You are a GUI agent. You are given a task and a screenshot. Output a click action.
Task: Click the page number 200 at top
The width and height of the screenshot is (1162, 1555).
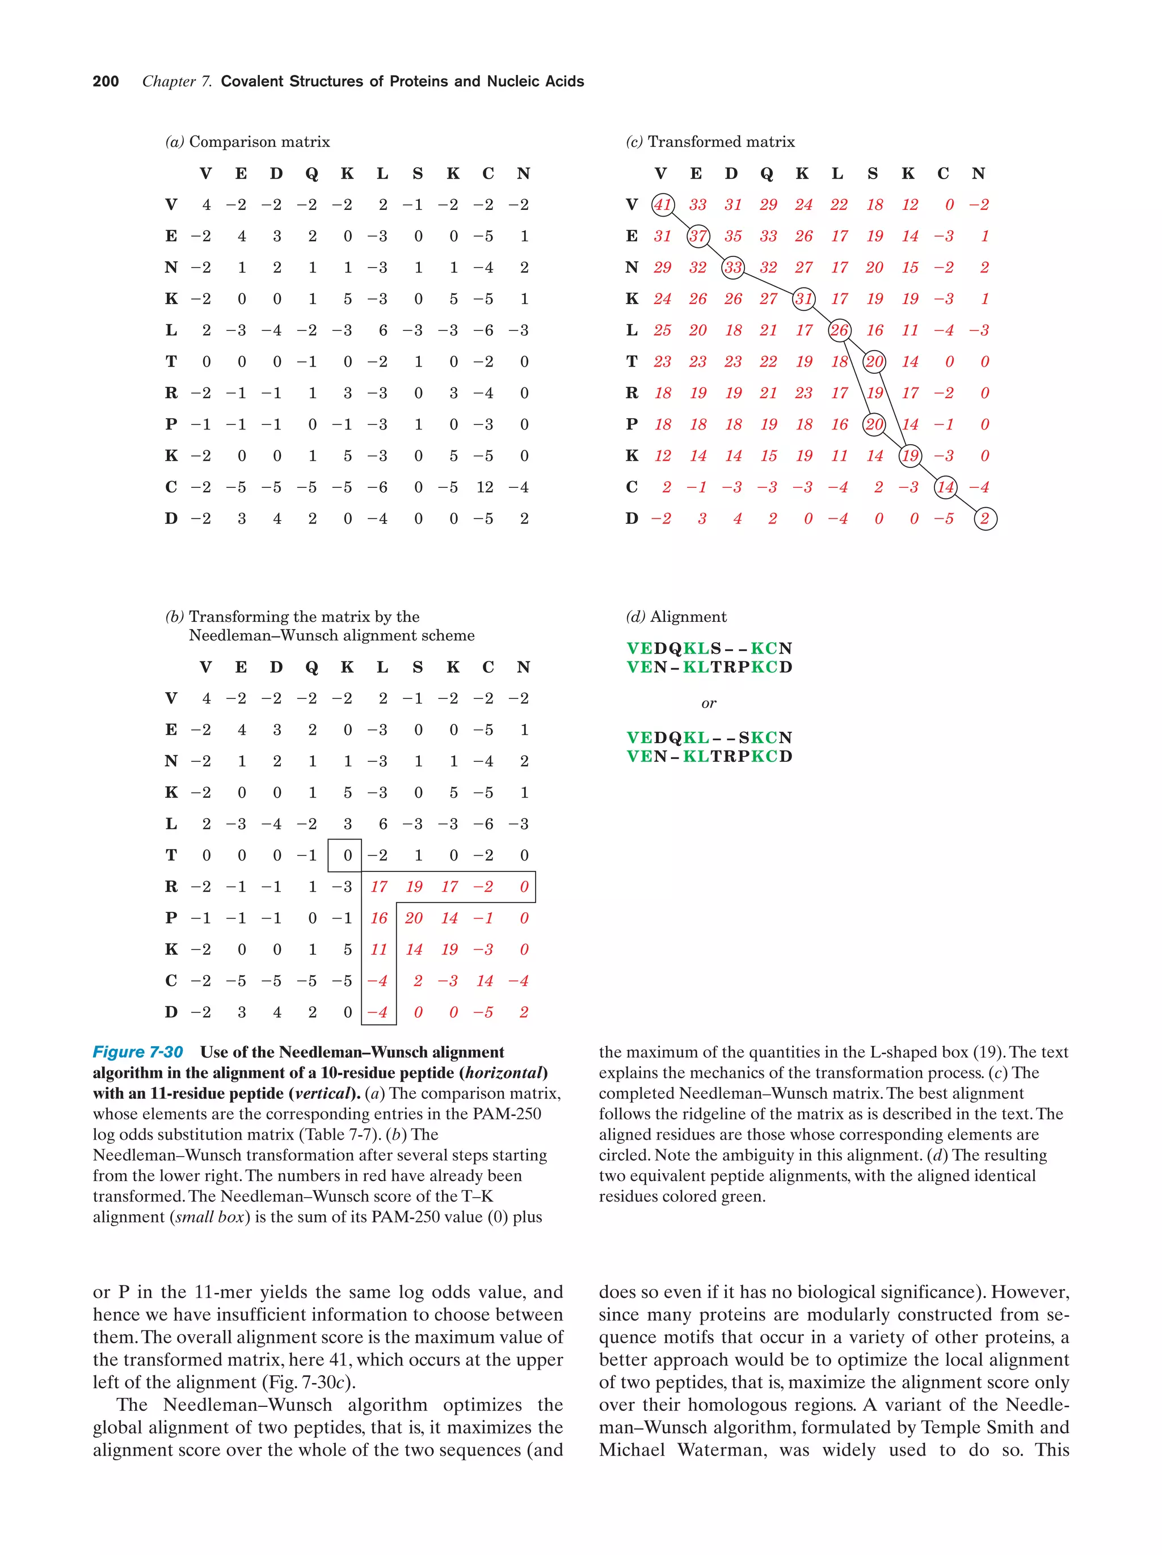click(106, 82)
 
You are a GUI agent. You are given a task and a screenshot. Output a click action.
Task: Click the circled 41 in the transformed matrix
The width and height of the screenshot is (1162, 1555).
click(662, 205)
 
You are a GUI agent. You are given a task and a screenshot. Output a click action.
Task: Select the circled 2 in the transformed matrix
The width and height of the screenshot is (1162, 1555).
click(985, 519)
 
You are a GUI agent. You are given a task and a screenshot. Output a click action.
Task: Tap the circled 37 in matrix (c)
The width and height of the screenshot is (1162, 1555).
click(697, 236)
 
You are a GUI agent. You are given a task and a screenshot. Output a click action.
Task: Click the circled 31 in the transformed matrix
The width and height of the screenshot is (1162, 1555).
click(803, 299)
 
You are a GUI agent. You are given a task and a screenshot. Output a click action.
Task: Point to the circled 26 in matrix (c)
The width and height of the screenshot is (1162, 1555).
click(839, 330)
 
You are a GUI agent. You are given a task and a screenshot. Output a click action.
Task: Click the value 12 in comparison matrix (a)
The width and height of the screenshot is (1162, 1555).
click(485, 487)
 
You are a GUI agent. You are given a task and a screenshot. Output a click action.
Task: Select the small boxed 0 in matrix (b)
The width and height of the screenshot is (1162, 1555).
click(346, 856)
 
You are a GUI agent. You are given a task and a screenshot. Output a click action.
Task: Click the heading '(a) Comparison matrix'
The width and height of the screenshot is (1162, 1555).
click(247, 142)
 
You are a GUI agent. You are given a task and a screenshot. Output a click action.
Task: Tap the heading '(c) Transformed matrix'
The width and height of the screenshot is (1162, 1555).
click(710, 142)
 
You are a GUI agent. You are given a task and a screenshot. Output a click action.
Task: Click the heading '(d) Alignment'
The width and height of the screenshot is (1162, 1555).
click(676, 617)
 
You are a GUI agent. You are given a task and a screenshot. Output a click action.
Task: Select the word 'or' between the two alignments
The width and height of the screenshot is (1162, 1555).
click(709, 703)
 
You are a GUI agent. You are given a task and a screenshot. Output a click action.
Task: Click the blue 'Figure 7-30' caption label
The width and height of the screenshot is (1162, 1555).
click(138, 1052)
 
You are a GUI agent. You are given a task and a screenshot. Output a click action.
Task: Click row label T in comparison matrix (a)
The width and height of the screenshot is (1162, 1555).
click(171, 361)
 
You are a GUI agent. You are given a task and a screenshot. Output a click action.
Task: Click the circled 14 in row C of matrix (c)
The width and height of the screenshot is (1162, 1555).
click(945, 487)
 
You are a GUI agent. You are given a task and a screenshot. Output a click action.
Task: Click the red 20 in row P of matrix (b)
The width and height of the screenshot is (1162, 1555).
click(414, 918)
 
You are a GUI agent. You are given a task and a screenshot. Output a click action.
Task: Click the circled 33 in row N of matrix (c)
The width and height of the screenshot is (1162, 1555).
click(732, 267)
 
